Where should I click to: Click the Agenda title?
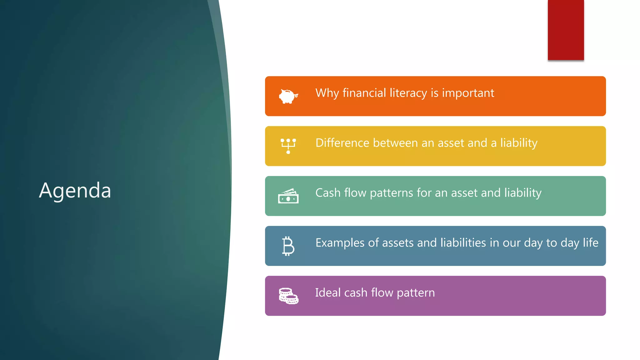[x=75, y=191]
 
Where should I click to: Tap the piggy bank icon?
[x=288, y=96]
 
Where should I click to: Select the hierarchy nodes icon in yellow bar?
[x=288, y=146]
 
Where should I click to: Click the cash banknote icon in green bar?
[x=288, y=196]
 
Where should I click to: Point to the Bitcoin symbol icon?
[x=288, y=246]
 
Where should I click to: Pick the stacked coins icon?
[x=288, y=296]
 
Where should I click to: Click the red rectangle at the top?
[x=566, y=30]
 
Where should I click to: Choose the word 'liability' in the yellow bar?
[x=519, y=143]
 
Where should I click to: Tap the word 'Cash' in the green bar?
[x=328, y=193]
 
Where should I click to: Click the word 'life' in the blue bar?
[x=591, y=243]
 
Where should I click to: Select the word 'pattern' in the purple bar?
[x=416, y=293]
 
